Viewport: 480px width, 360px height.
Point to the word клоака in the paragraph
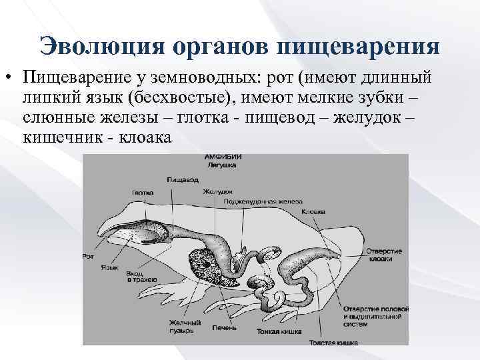(x=144, y=137)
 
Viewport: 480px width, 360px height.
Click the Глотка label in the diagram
(x=143, y=192)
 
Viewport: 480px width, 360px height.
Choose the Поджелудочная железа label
(x=263, y=200)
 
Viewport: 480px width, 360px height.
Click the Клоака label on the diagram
(x=313, y=211)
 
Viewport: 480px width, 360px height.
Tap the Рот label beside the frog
(x=87, y=255)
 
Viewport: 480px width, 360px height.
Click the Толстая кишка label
(x=333, y=343)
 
